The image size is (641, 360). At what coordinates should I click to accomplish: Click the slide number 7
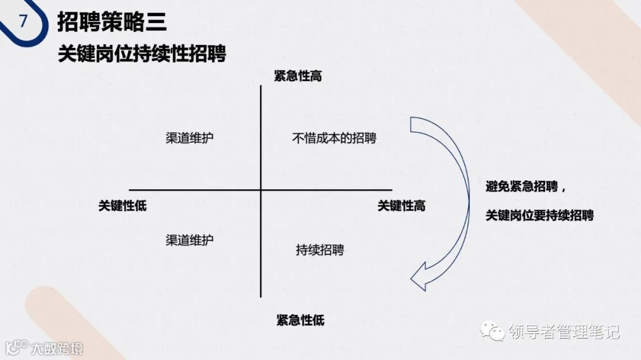pyautogui.click(x=23, y=21)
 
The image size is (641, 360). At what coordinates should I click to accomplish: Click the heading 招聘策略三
pyautogui.click(x=112, y=22)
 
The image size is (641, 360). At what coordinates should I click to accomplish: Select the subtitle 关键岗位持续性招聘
pyautogui.click(x=142, y=54)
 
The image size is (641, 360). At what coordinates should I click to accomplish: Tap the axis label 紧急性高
pyautogui.click(x=298, y=76)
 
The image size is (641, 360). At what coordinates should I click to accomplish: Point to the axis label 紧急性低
pyautogui.click(x=300, y=320)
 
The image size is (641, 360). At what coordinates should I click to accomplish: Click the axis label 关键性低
pyautogui.click(x=122, y=206)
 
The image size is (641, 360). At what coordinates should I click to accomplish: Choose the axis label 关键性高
pyautogui.click(x=401, y=206)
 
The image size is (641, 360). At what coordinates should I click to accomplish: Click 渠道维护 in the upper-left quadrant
pyautogui.click(x=189, y=138)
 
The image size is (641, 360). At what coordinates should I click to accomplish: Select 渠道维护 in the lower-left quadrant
pyautogui.click(x=189, y=240)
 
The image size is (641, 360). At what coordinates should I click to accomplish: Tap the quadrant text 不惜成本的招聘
pyautogui.click(x=334, y=138)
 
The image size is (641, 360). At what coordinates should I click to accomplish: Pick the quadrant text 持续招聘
pyautogui.click(x=320, y=250)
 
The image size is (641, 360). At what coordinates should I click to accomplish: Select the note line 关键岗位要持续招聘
pyautogui.click(x=540, y=215)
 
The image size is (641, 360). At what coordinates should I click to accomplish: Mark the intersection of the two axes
pyautogui.click(x=261, y=190)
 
